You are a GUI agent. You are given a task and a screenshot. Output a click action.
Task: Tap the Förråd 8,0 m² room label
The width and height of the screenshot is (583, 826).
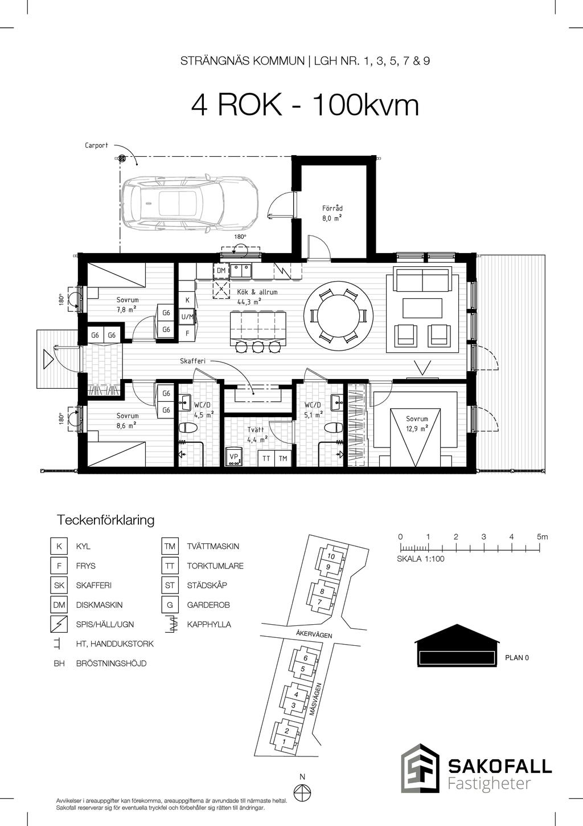(x=332, y=213)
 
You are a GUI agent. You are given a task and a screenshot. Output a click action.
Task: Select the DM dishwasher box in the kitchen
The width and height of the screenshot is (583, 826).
(x=221, y=271)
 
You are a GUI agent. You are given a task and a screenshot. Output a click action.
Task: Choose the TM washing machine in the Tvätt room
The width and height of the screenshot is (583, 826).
(x=283, y=458)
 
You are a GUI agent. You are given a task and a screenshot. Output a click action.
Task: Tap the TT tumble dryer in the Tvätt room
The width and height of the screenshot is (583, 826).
(x=266, y=458)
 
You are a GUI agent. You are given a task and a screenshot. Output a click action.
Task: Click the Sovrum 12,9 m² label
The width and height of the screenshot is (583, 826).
(x=417, y=424)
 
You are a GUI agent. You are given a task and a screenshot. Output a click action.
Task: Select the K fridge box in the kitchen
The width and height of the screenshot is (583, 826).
(x=187, y=300)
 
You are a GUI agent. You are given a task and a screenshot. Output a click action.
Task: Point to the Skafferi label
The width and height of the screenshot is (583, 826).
(x=192, y=361)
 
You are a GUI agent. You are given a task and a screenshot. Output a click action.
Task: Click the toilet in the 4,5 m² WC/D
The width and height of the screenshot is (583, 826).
(x=187, y=428)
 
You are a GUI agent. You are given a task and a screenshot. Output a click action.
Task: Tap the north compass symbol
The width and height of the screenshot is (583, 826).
(x=302, y=791)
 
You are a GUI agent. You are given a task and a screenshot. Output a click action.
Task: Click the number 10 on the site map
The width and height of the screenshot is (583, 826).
(x=331, y=556)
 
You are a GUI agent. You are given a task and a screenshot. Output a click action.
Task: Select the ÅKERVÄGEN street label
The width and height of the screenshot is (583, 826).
(x=314, y=634)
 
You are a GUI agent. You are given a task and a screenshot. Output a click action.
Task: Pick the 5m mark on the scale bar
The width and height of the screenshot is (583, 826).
(x=542, y=537)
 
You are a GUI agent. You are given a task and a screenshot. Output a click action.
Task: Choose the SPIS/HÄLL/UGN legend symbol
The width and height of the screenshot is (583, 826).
(x=59, y=624)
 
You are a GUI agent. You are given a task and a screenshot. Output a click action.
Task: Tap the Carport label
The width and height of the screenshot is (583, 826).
(x=96, y=145)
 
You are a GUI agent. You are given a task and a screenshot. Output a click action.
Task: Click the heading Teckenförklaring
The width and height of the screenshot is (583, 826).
(x=105, y=520)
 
